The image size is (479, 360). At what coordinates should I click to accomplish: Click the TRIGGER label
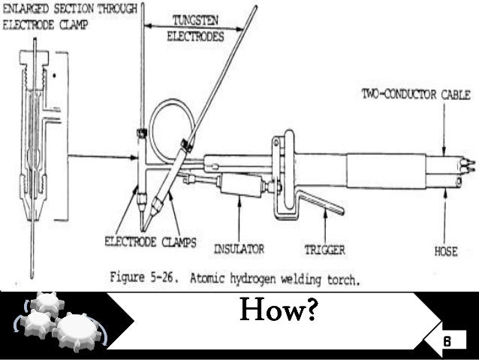pos(324,248)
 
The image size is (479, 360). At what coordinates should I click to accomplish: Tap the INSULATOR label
pos(238,247)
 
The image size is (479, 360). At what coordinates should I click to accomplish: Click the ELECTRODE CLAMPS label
pos(149,243)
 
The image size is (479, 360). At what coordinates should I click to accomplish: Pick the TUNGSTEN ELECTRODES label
pos(192,29)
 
